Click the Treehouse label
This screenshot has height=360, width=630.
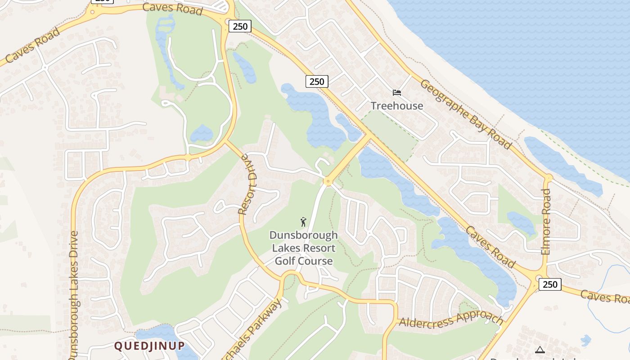point(396,106)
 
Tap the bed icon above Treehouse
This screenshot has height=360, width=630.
point(396,93)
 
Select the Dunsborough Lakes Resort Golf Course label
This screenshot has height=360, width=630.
point(304,248)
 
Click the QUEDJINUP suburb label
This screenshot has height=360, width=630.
point(149,346)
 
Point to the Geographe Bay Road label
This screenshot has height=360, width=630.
point(466,114)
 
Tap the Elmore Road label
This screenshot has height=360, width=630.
point(546,222)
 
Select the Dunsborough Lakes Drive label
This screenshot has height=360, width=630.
point(73,295)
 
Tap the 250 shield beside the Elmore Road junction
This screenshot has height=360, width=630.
point(550,284)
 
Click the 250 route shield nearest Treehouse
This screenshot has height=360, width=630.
point(317,81)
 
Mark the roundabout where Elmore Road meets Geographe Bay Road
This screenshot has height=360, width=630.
point(548,178)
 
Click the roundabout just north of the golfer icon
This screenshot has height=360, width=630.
point(327,182)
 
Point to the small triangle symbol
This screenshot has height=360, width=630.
point(540,350)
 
